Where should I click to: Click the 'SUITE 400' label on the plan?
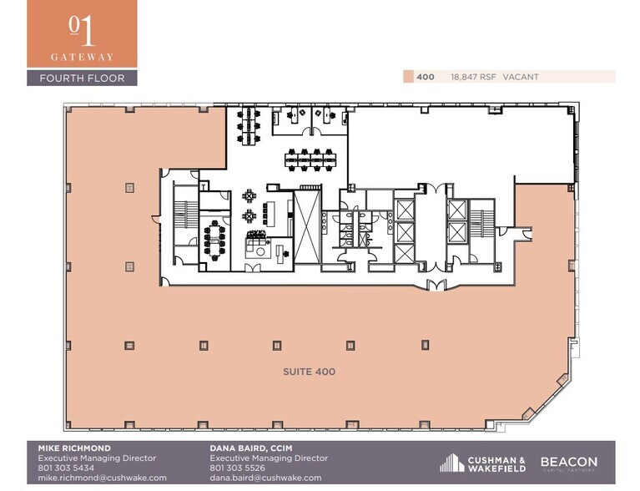point(308,372)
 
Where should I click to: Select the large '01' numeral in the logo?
point(82,31)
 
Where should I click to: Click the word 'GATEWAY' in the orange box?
point(82,57)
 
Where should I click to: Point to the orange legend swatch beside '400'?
point(408,77)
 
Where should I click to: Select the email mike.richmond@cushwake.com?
point(103,478)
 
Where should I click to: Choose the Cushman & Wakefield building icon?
point(451,463)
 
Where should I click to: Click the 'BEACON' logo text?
point(568,461)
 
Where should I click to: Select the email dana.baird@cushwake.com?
point(265,478)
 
